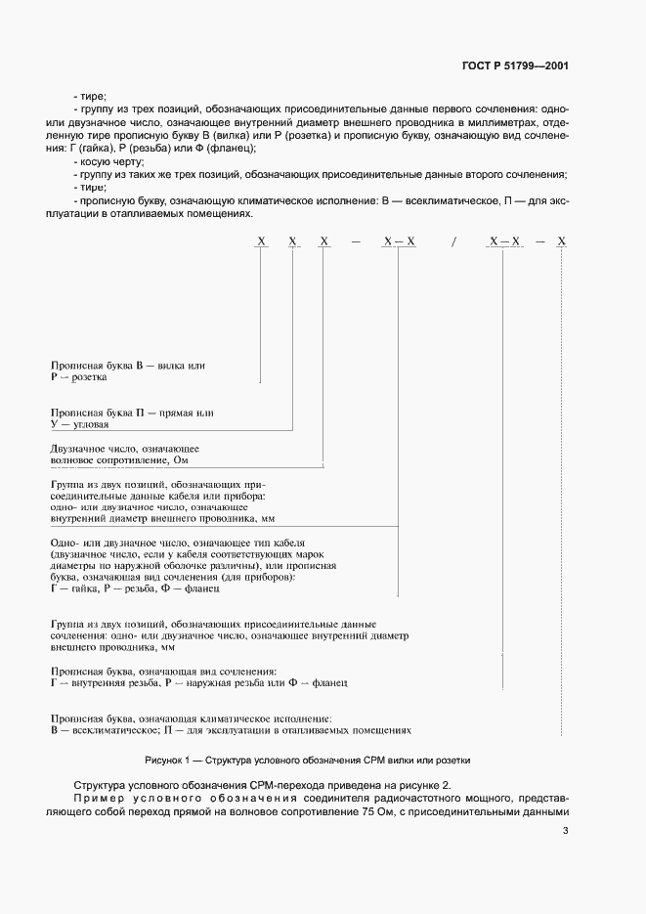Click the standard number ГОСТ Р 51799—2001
pyautogui.click(x=515, y=66)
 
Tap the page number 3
pyautogui.click(x=565, y=831)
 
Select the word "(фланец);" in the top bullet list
pyautogui.click(x=234, y=148)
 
